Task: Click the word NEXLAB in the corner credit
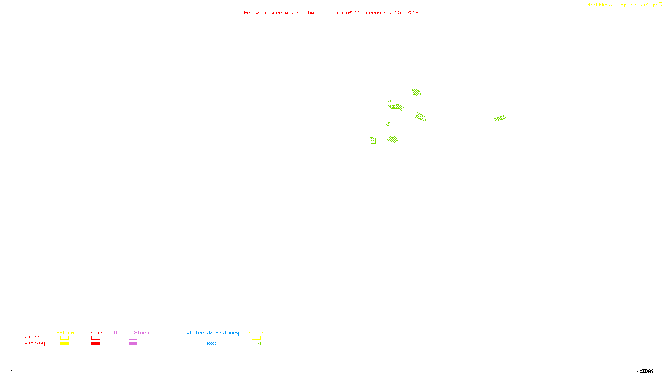pos(596,5)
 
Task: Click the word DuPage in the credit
pos(648,5)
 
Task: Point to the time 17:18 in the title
pos(411,12)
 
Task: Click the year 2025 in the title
pos(395,12)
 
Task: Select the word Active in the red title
pos(253,12)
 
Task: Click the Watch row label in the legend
pos(32,337)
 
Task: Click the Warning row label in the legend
pos(34,343)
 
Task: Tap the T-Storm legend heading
pos(64,332)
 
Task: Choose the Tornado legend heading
pos(95,332)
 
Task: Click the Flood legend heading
pos(256,332)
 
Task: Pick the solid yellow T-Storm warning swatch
pos(64,344)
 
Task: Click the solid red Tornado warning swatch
pos(95,344)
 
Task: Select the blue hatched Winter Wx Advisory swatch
pos(212,344)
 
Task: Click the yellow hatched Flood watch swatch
pos(256,338)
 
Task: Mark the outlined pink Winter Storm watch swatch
pos(133,338)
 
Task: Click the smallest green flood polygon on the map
pos(388,124)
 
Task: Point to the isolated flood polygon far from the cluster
pos(500,118)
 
